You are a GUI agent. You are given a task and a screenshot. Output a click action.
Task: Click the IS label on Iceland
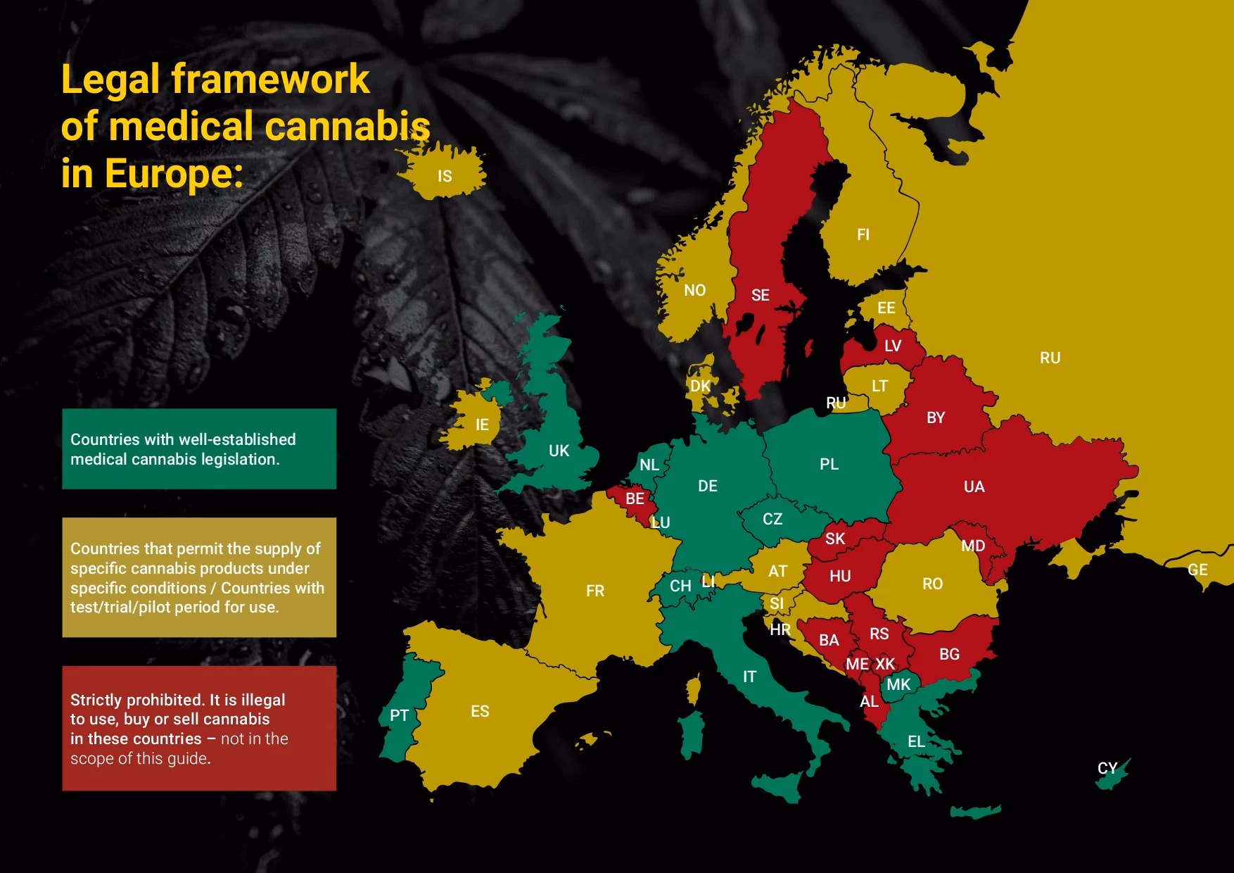[x=445, y=176]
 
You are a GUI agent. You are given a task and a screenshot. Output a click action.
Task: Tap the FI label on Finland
[x=863, y=234]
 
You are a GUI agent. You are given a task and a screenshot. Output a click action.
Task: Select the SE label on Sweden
[x=760, y=295]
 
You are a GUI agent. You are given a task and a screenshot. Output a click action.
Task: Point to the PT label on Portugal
[x=399, y=715]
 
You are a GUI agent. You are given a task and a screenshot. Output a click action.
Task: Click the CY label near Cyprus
[x=1107, y=768]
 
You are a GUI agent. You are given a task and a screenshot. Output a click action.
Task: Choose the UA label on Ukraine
[x=974, y=486]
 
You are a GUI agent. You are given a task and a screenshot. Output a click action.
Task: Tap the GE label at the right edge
[x=1197, y=570]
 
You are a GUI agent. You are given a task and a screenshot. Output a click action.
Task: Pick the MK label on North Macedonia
[x=898, y=684]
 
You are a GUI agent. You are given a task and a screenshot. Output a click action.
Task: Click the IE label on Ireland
[x=482, y=425]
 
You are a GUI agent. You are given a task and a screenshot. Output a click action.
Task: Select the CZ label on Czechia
[x=772, y=519]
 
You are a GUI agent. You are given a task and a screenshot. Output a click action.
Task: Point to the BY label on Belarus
[x=935, y=417]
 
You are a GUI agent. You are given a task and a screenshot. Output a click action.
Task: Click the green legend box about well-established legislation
[x=199, y=449]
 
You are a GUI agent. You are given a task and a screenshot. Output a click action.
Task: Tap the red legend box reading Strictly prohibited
[x=199, y=729]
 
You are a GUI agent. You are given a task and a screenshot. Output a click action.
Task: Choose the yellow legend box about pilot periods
[x=199, y=577]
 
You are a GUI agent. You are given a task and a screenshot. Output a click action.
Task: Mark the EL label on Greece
[x=916, y=741]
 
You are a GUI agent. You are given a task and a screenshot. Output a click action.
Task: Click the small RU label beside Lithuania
[x=836, y=403]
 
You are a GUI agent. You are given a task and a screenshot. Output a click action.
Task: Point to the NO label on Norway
[x=694, y=290]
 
